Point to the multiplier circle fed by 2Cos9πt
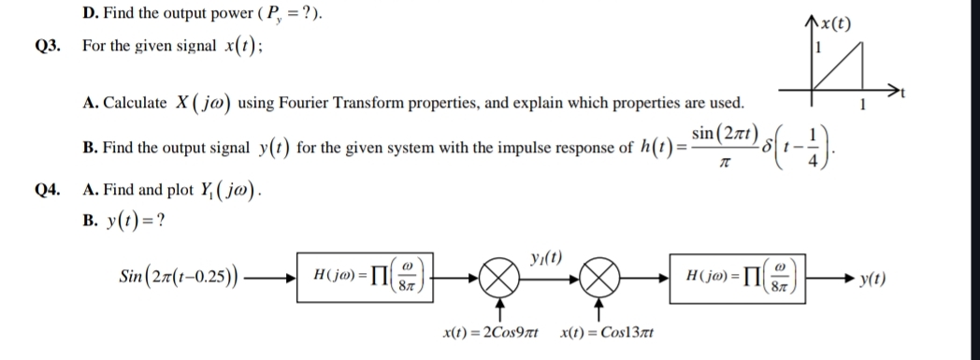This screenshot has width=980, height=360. point(501,279)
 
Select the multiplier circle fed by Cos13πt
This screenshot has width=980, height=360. point(598,279)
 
